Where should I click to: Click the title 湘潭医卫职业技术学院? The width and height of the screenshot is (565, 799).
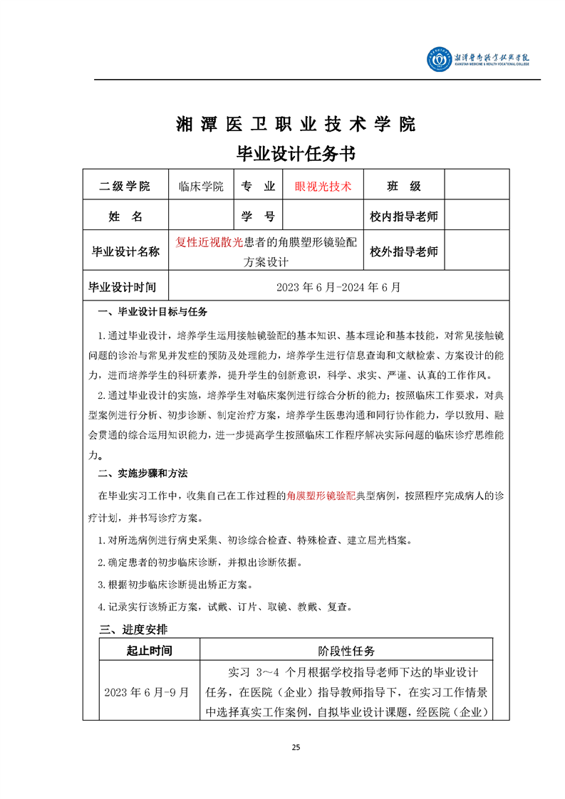tap(295, 124)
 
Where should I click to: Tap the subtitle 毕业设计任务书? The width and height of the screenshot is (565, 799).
tap(295, 154)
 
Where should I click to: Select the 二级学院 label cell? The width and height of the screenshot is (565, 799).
tap(125, 187)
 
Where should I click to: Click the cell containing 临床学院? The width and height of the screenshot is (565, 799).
tap(201, 187)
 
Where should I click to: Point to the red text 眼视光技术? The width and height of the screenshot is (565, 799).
tap(323, 187)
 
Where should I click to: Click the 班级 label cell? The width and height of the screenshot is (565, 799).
tap(403, 187)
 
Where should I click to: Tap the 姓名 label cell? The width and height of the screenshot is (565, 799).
tap(125, 216)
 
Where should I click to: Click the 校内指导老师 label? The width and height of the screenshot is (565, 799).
tap(403, 216)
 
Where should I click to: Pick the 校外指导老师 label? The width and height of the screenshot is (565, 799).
tap(403, 251)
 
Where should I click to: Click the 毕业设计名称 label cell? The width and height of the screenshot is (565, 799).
tap(125, 251)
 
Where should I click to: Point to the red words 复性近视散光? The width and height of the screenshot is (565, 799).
tap(209, 242)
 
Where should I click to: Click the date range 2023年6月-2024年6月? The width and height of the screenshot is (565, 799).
tap(338, 287)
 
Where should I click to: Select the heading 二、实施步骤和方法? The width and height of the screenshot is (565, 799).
tap(142, 474)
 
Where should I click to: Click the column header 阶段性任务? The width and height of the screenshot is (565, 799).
tap(346, 650)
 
